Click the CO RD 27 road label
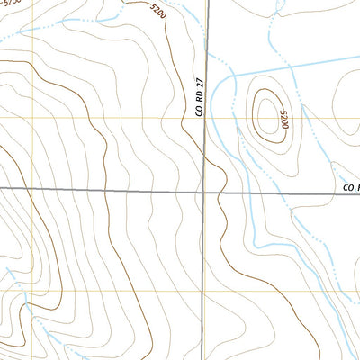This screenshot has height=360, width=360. (200, 96)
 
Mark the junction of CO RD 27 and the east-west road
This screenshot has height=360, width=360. (204, 191)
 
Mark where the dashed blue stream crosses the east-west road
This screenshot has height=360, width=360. (298, 192)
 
